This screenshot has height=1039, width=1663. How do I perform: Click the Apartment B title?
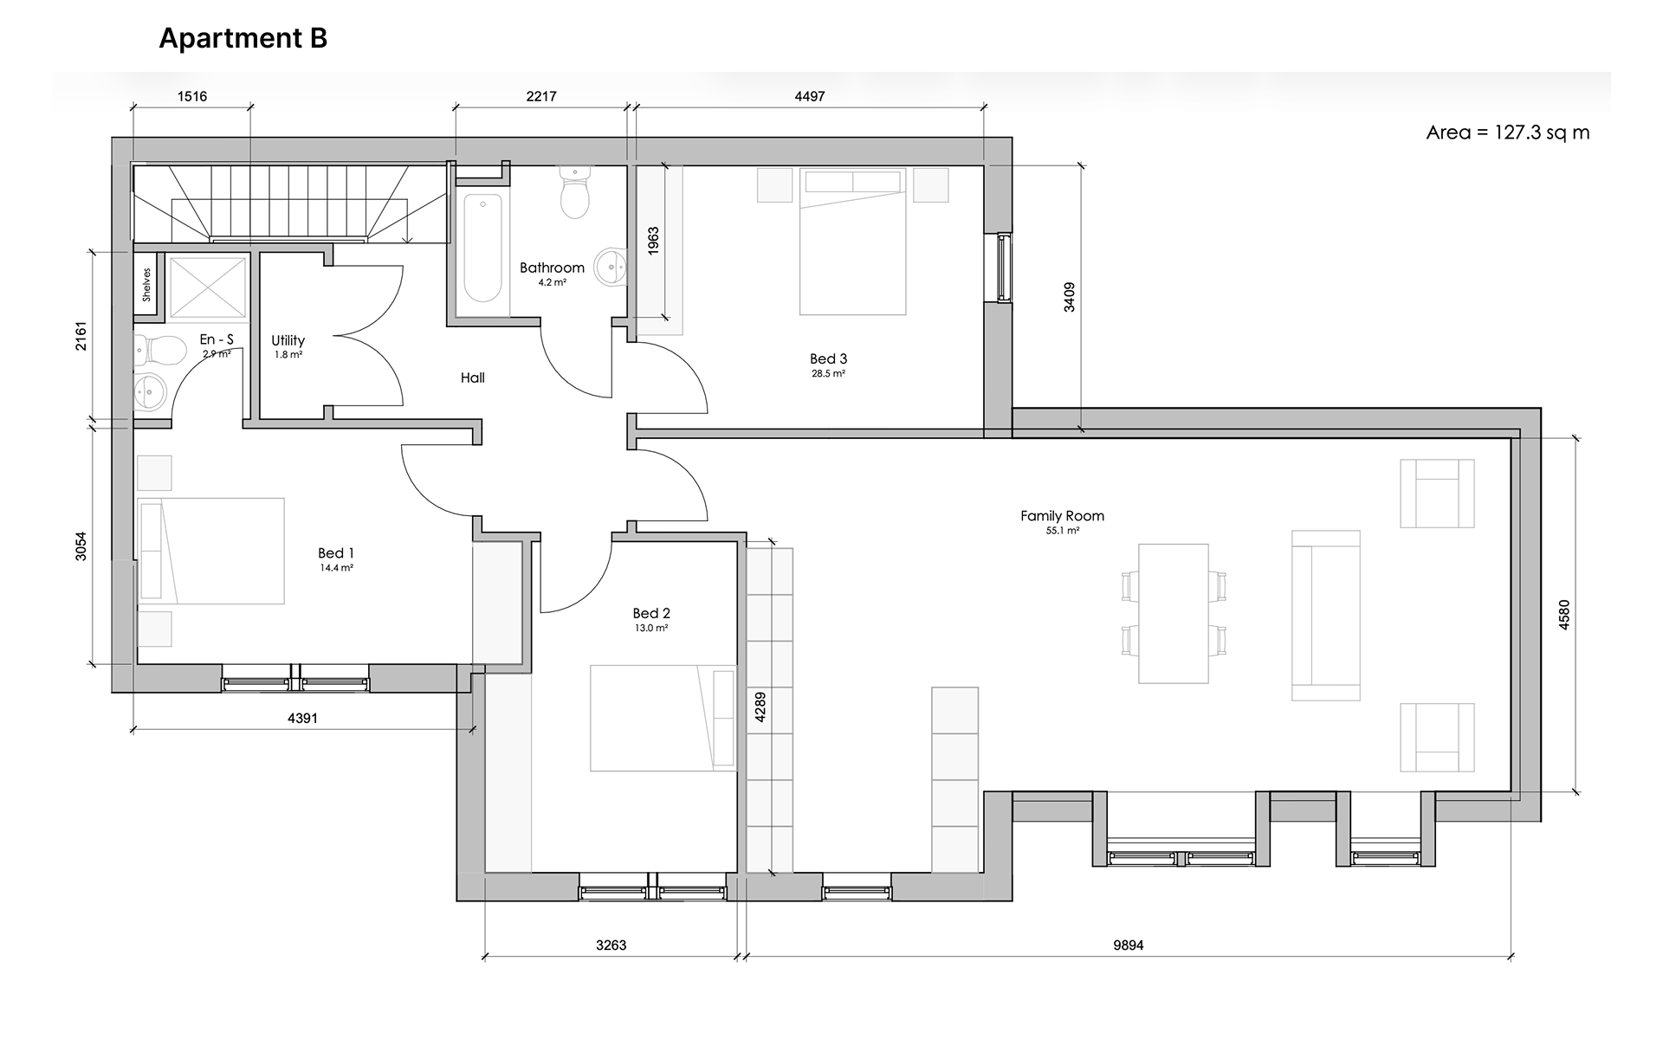tap(243, 39)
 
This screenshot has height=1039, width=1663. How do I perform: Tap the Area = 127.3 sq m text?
tap(1508, 132)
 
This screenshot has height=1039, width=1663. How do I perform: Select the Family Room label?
tap(1062, 516)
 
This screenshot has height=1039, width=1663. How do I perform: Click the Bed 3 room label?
tap(828, 358)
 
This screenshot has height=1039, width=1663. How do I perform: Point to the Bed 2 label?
tap(651, 613)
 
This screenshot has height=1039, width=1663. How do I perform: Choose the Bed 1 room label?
tap(336, 553)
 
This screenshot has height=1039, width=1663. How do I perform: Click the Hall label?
tap(473, 378)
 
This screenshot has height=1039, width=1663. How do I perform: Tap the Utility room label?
tap(288, 340)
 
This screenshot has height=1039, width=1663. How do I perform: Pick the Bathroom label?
tap(553, 268)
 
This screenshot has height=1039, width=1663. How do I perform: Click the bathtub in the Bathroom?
tap(482, 248)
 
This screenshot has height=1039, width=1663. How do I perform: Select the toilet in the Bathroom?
tap(575, 192)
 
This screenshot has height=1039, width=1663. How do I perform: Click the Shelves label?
tap(147, 285)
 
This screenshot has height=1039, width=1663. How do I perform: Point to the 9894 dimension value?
tap(1129, 945)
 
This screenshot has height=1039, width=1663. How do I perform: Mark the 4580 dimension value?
tap(1564, 615)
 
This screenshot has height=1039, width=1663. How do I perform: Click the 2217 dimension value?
tap(541, 96)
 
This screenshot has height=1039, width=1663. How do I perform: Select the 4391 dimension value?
tap(302, 718)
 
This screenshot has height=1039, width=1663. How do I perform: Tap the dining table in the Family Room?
tap(1174, 614)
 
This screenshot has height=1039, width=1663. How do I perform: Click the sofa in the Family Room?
tap(1326, 616)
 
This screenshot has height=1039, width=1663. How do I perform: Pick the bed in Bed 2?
tap(663, 718)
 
